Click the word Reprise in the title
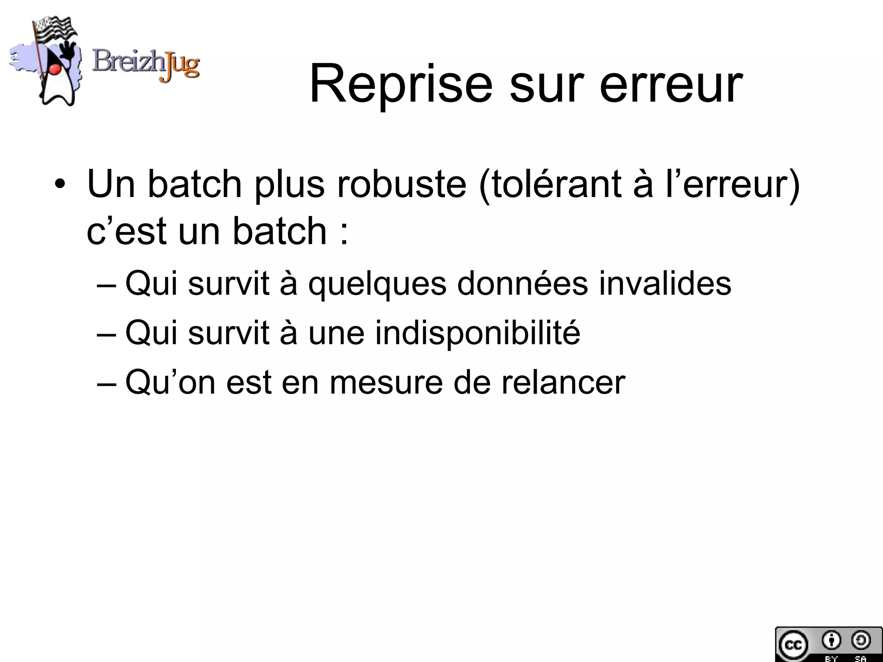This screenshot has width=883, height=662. click(x=401, y=84)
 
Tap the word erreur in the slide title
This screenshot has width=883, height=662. click(x=671, y=84)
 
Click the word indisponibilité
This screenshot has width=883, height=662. click(x=477, y=333)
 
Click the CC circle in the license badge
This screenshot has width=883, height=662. click(x=792, y=645)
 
